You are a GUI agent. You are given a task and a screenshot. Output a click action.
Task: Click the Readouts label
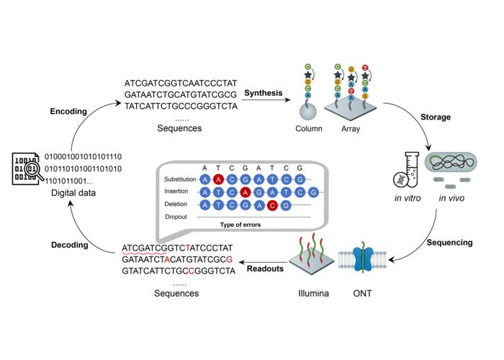[266, 269]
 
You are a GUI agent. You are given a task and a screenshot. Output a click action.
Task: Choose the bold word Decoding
[71, 244]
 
